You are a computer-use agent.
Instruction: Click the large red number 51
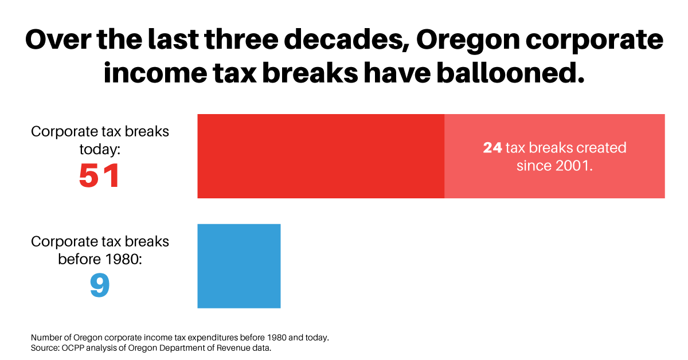point(100,176)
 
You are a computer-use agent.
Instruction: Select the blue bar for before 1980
point(239,266)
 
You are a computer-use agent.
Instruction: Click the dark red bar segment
point(320,156)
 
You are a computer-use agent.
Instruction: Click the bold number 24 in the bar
point(492,148)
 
